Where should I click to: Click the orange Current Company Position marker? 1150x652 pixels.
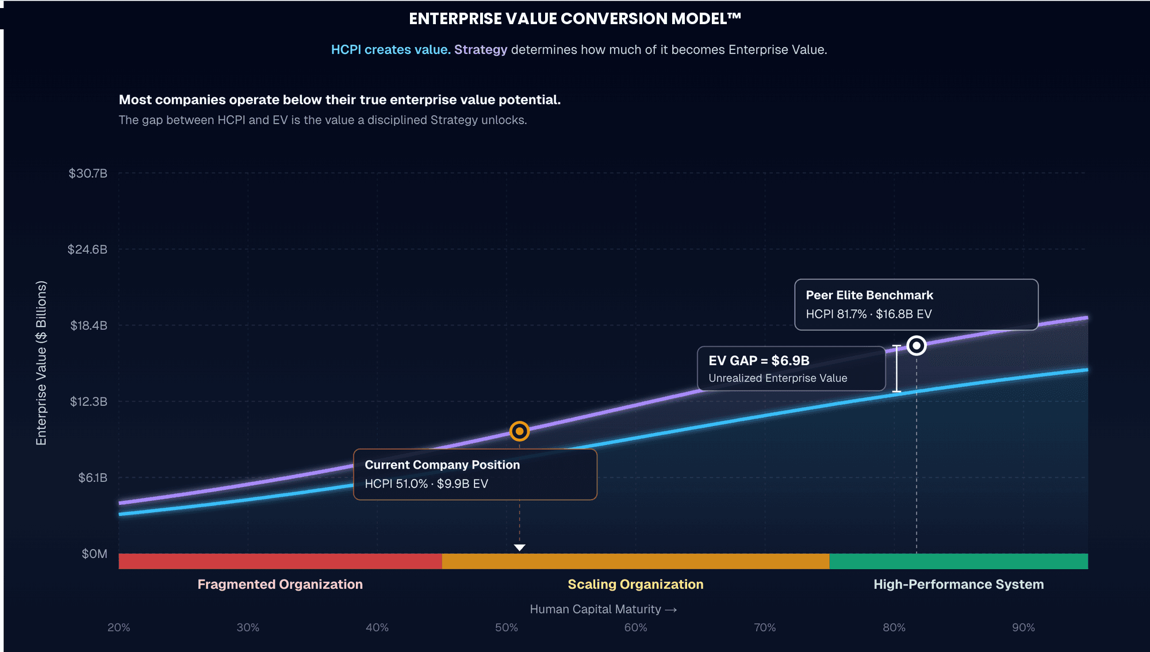tap(519, 431)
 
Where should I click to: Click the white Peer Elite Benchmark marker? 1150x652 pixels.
tap(917, 346)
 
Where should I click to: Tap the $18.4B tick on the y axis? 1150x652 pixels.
tap(89, 325)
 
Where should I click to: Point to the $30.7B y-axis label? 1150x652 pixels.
tap(88, 173)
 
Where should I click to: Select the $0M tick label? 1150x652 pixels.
tap(94, 554)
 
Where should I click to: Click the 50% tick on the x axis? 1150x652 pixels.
tap(507, 627)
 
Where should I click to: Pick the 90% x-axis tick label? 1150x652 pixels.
tap(1023, 627)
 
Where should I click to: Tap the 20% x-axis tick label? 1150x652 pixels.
tap(119, 627)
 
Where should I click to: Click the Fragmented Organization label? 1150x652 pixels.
tap(280, 584)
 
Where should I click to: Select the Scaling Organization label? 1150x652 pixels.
tap(635, 584)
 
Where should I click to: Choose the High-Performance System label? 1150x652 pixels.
tap(959, 584)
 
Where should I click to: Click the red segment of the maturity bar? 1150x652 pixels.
tap(281, 561)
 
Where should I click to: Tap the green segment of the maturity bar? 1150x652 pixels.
tap(959, 561)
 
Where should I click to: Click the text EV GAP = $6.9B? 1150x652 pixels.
tap(759, 360)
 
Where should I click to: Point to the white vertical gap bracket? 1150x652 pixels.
tap(896, 369)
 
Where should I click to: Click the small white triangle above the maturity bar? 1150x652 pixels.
tap(519, 547)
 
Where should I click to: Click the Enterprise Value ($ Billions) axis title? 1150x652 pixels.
tap(41, 363)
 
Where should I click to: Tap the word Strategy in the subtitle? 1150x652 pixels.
tap(481, 50)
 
